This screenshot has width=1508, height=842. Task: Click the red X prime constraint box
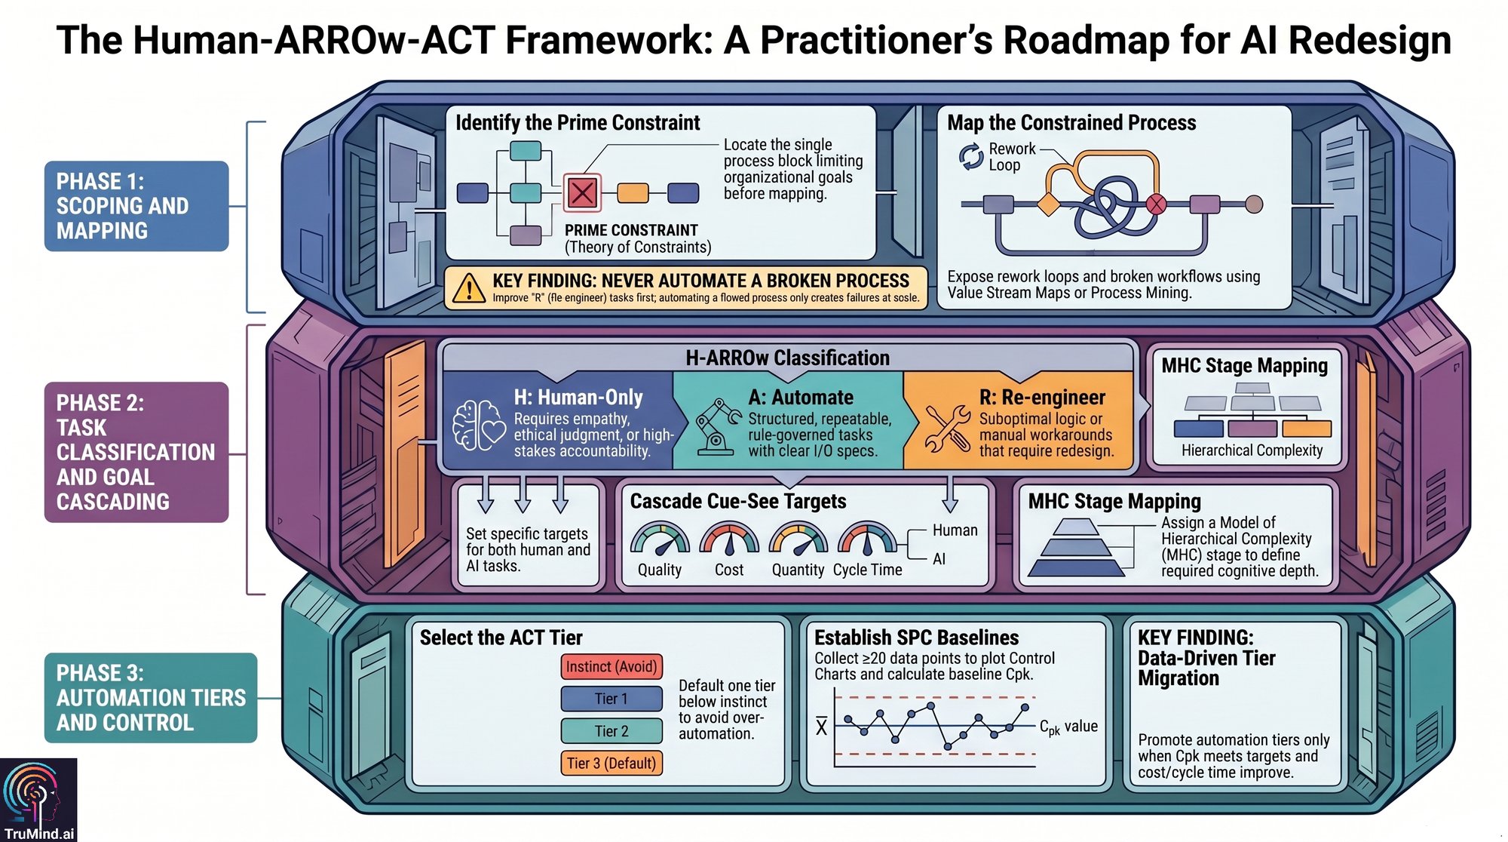click(582, 192)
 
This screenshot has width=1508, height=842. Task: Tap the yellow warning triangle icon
click(469, 287)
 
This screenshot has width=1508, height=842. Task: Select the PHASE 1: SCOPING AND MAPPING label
click(136, 206)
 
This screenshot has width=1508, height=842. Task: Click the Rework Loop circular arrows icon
click(971, 157)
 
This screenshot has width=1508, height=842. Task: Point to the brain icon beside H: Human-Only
click(478, 426)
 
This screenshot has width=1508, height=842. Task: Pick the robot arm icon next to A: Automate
click(717, 427)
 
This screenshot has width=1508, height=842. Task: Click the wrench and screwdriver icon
click(947, 428)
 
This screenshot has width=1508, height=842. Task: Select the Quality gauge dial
click(660, 539)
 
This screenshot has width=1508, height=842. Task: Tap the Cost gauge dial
click(729, 539)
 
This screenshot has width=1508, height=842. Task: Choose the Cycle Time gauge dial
click(867, 539)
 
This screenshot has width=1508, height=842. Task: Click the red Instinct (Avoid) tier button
click(611, 667)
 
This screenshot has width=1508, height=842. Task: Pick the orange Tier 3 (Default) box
click(611, 763)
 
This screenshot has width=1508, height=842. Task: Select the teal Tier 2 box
click(611, 731)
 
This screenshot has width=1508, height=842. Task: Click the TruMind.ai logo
click(38, 800)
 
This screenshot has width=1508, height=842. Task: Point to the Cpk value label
click(1068, 727)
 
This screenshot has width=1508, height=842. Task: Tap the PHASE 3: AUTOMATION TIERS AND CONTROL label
click(151, 698)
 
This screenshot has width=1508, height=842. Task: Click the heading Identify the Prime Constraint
click(578, 122)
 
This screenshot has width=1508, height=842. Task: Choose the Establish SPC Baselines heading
click(916, 638)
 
